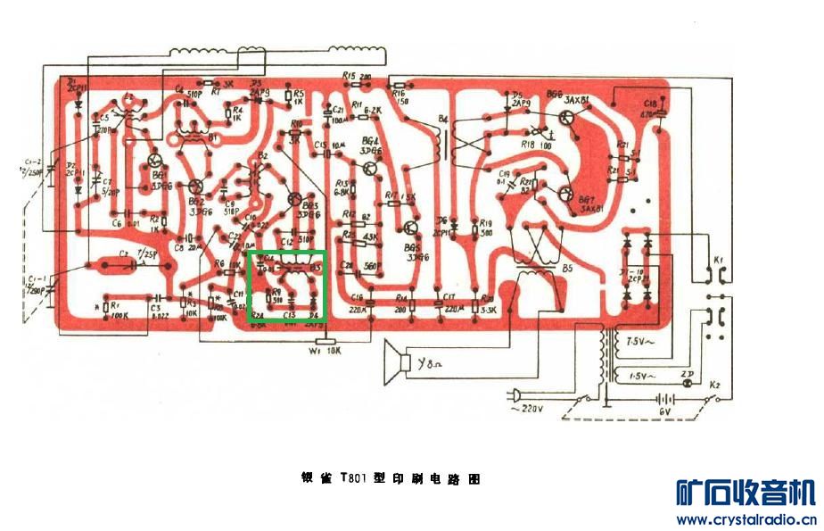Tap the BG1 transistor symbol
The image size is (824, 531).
point(156,162)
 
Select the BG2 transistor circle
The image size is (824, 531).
point(195,187)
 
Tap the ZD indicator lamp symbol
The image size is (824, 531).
point(687,383)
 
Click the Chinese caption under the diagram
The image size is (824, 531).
point(391,479)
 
